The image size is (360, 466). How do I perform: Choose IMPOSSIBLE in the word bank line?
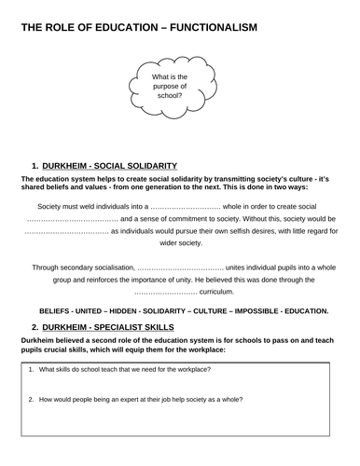tap(255, 309)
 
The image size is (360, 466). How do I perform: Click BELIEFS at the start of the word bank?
tap(55, 309)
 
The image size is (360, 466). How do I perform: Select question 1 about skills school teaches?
tap(124, 371)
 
